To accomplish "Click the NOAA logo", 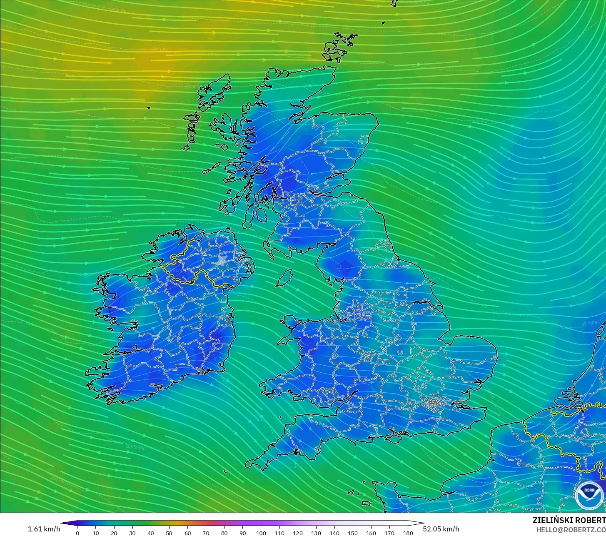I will pos(589,496).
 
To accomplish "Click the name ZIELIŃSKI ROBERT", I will pos(569,521).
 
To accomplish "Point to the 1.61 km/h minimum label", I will pos(44,529).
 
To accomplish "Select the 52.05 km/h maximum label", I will pos(441,529).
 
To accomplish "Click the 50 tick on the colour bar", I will pos(169,533).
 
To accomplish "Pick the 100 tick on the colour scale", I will pos(261,533).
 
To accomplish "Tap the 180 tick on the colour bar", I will pos(408,533).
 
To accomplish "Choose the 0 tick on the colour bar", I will pos(77,533).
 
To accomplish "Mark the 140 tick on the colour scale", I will pos(334,533).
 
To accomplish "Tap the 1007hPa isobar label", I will pos(59,480).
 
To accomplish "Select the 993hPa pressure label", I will pos(192,87).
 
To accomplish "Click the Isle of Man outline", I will pos(284,278).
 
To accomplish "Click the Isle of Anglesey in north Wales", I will pos(290,322).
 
